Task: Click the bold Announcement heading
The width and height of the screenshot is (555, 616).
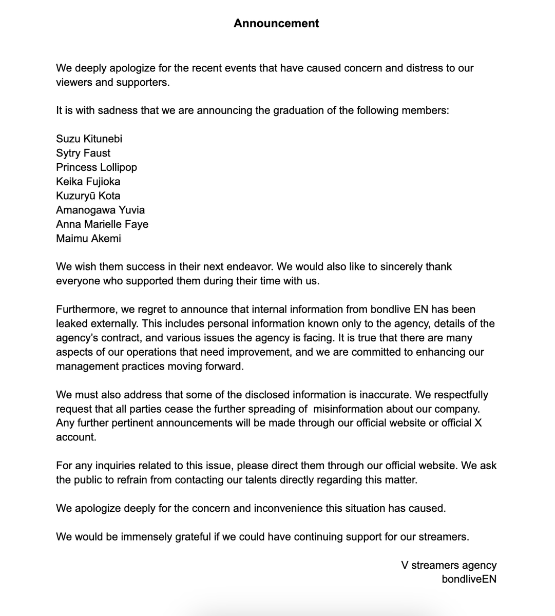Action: click(x=276, y=24)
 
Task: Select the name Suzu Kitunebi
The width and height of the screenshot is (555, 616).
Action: click(x=89, y=139)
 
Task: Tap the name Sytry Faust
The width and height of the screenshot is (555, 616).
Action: click(x=83, y=153)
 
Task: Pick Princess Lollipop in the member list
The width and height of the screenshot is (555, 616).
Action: click(x=97, y=167)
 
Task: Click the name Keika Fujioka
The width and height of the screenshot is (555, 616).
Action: click(x=88, y=181)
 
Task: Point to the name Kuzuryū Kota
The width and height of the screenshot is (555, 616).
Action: click(x=88, y=196)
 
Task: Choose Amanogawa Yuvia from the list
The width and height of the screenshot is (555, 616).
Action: click(x=101, y=210)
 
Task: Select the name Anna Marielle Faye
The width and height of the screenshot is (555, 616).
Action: click(x=102, y=224)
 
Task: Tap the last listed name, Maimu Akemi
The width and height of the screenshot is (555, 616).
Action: click(x=88, y=238)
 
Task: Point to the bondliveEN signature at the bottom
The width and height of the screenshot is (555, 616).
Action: click(x=469, y=579)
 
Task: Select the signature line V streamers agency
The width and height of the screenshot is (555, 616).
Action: click(x=449, y=565)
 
